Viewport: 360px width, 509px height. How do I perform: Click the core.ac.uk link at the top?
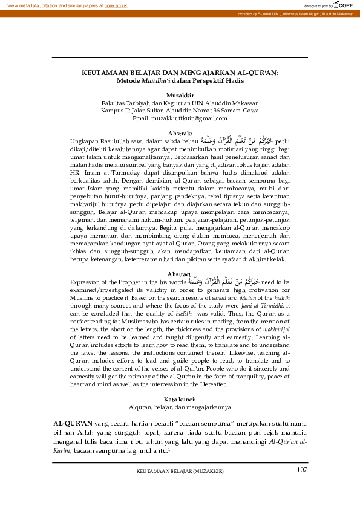[116, 5]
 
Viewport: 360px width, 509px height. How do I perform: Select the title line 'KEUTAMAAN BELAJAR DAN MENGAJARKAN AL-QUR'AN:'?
[180, 73]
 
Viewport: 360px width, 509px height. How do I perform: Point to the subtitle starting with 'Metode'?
[180, 80]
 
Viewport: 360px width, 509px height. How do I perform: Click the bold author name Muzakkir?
[180, 96]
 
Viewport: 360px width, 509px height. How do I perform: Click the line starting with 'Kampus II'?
[180, 111]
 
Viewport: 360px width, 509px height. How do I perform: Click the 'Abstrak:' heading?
[180, 132]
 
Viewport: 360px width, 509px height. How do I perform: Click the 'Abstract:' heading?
[180, 273]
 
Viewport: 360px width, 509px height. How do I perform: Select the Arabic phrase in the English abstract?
[221, 281]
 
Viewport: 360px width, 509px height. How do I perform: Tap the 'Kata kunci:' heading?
[180, 399]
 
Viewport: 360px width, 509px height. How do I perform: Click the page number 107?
[302, 470]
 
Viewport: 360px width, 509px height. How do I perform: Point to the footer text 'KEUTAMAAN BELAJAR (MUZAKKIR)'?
[180, 471]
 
